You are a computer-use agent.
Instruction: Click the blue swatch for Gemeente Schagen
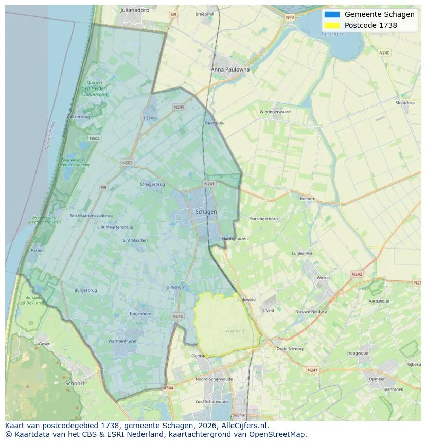click(332, 14)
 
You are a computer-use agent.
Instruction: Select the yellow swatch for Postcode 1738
click(332, 25)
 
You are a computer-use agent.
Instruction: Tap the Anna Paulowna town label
click(230, 69)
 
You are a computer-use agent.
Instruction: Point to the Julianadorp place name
click(134, 10)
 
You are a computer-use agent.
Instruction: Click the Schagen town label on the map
click(206, 211)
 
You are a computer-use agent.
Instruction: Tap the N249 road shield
click(179, 107)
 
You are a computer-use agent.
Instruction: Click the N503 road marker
click(127, 163)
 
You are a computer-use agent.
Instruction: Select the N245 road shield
click(177, 317)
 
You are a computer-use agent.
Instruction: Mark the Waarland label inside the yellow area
click(235, 331)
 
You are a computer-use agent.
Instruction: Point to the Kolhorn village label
click(308, 198)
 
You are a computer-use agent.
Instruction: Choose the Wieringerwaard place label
click(275, 112)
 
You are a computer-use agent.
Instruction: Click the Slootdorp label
click(405, 103)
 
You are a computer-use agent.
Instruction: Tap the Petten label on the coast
click(37, 250)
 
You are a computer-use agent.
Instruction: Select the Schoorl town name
click(75, 383)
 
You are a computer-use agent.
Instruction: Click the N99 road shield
click(290, 17)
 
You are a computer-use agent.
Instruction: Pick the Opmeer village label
click(376, 379)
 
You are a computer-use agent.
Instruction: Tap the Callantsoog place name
click(78, 117)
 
